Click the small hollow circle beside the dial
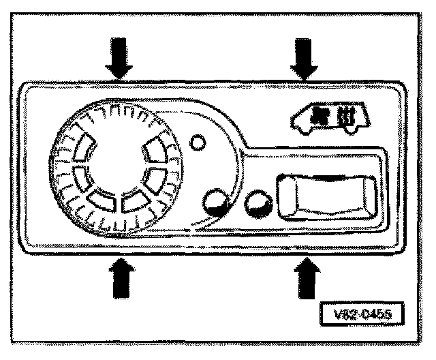coord(198,143)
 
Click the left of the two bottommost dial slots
coord(99,202)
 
